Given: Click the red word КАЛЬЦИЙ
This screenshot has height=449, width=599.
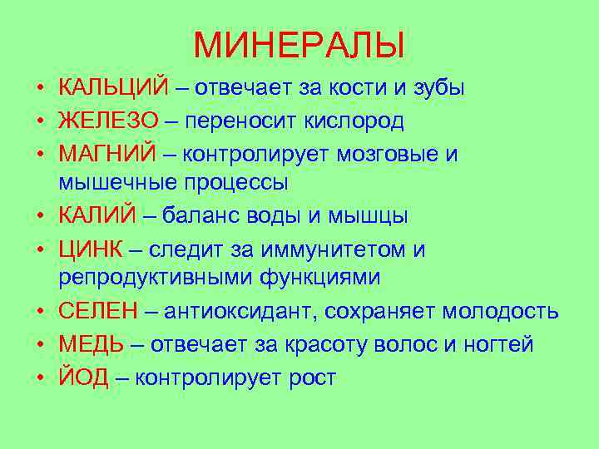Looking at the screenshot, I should point(113,87).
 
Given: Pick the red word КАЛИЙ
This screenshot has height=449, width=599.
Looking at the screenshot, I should point(97,217).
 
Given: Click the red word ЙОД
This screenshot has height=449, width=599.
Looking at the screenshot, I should point(83,378).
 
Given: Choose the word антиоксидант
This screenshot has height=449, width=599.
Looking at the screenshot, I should point(240,312).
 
